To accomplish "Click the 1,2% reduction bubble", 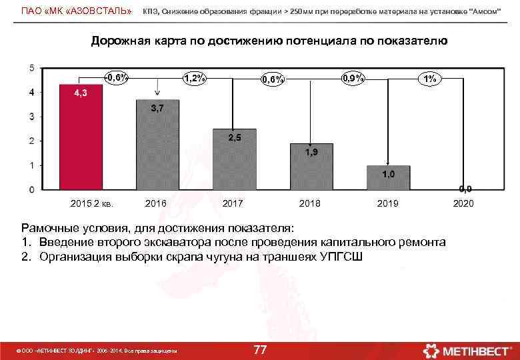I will [x=194, y=78].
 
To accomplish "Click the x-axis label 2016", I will [x=155, y=203].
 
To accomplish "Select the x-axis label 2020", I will [x=463, y=203].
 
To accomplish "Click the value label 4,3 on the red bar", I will [x=80, y=93].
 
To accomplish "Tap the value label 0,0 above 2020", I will [x=464, y=189].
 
